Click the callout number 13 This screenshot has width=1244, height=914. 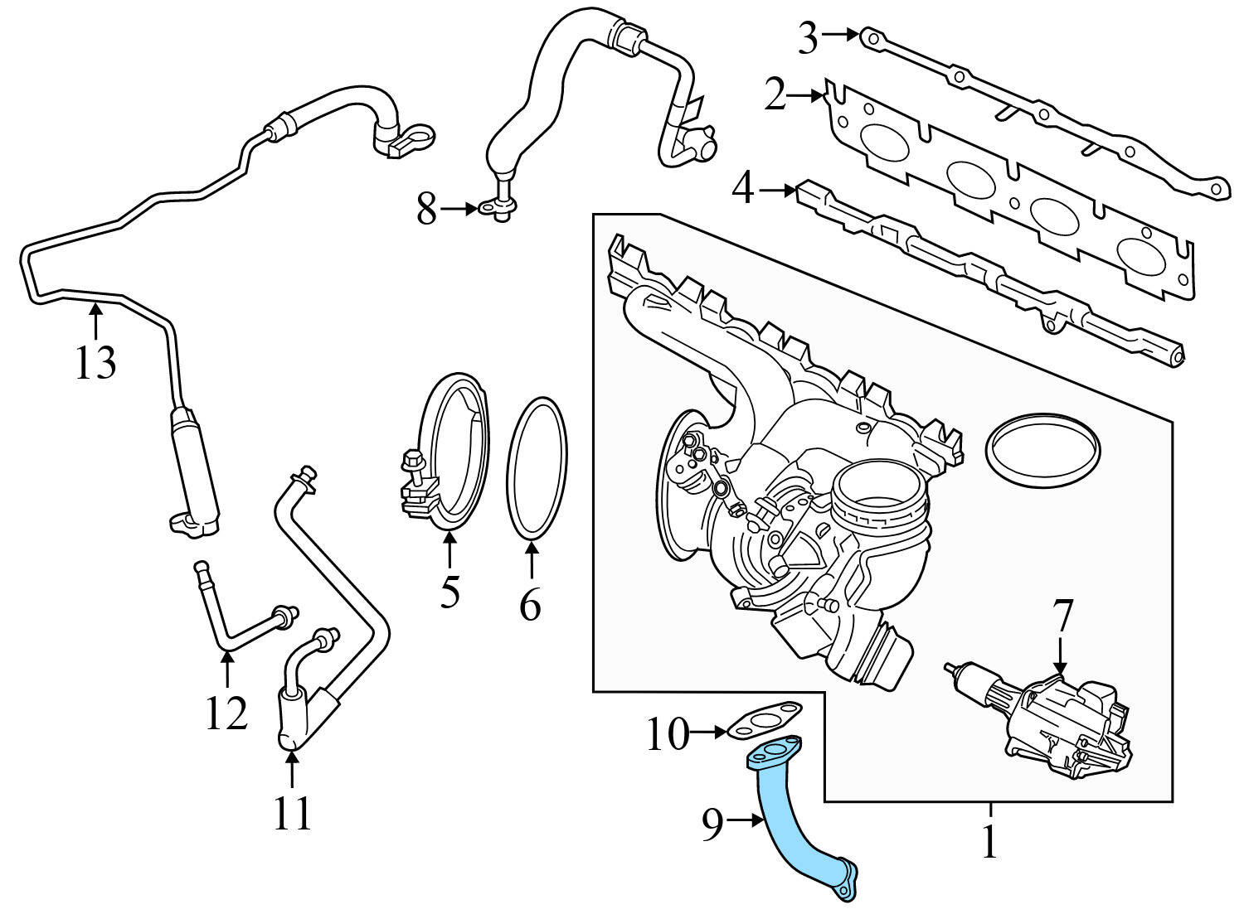pos(95,362)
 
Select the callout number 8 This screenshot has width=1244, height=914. pos(426,210)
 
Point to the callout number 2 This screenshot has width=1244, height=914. pos(774,97)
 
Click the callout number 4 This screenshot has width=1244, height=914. pos(742,190)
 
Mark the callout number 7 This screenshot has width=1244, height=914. pos(1062,617)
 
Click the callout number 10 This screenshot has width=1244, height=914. pos(668,733)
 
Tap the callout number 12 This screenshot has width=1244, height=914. pos(226,713)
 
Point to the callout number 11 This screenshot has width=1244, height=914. pos(292,812)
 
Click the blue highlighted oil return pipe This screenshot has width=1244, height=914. pos(784,829)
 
